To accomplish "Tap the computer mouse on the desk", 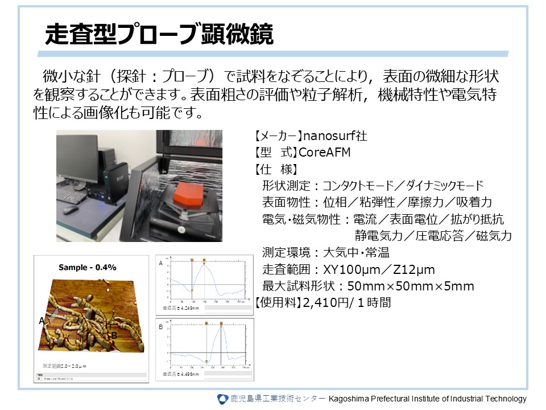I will pyautogui.click(x=71, y=210).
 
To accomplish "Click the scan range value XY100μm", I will pyautogui.click(x=348, y=269).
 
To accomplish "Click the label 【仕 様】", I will pyautogui.click(x=274, y=169).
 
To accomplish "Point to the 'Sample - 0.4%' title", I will pyautogui.click(x=88, y=267).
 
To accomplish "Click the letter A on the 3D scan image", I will pyautogui.click(x=42, y=321).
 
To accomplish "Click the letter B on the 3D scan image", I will pyautogui.click(x=114, y=336).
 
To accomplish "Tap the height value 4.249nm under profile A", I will pyautogui.click(x=191, y=308).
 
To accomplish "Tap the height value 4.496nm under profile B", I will pyautogui.click(x=191, y=374).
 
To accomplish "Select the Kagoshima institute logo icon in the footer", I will pyautogui.click(x=223, y=399).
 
